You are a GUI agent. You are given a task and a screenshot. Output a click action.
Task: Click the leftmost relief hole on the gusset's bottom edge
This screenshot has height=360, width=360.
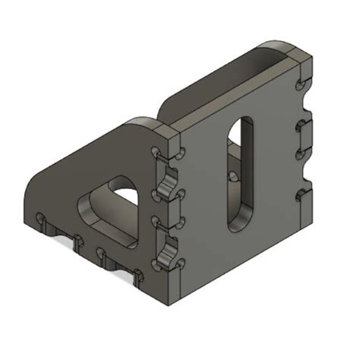click(x=43, y=221)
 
